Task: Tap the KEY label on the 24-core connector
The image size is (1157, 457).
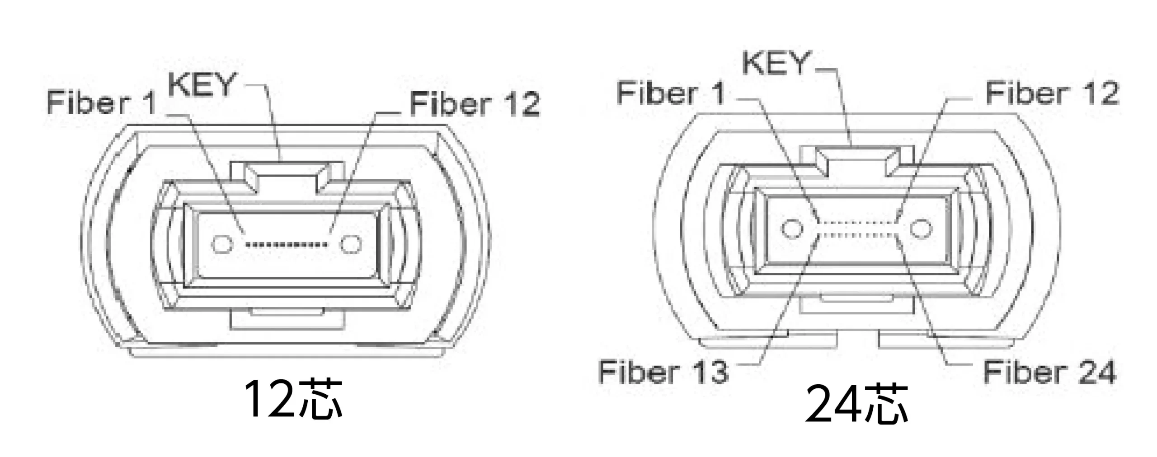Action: pyautogui.click(x=776, y=63)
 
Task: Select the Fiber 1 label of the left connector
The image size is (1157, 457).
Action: pyautogui.click(x=101, y=103)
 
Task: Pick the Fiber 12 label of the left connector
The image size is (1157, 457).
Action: pyautogui.click(x=475, y=104)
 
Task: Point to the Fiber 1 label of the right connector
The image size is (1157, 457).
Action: pyautogui.click(x=671, y=93)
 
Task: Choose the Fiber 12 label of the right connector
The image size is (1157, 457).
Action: pyautogui.click(x=1052, y=93)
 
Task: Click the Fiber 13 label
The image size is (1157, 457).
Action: pyautogui.click(x=663, y=372)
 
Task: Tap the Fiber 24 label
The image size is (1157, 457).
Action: pyautogui.click(x=1049, y=372)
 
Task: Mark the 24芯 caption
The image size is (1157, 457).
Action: pyautogui.click(x=856, y=403)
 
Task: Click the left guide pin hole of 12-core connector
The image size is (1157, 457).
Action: pyautogui.click(x=221, y=244)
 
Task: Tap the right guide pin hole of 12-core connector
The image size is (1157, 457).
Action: pyautogui.click(x=351, y=244)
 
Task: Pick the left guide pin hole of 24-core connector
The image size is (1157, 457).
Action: pyautogui.click(x=792, y=228)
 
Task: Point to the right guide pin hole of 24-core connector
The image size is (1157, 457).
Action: pyautogui.click(x=921, y=228)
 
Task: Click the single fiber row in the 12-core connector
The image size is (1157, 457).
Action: pyautogui.click(x=286, y=245)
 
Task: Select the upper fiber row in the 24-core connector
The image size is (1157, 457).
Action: pyautogui.click(x=857, y=222)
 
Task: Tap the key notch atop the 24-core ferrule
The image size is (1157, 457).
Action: pyautogui.click(x=857, y=158)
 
